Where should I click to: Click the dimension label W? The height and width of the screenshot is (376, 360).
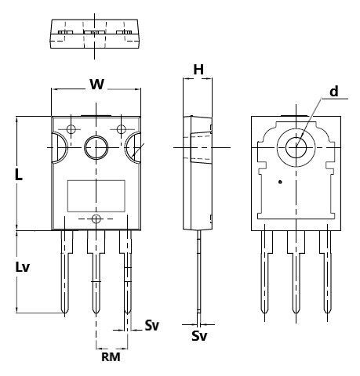click(x=97, y=85)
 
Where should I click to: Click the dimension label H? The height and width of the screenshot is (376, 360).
click(x=198, y=70)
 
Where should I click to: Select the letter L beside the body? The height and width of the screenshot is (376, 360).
click(x=19, y=175)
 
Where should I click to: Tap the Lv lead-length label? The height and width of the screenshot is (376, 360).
click(x=23, y=267)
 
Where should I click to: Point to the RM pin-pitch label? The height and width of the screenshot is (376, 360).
click(x=111, y=357)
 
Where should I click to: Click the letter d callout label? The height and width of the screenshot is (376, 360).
click(x=334, y=92)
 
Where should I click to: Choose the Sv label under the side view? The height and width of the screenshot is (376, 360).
click(x=199, y=336)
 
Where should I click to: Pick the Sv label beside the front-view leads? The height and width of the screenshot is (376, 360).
click(x=152, y=325)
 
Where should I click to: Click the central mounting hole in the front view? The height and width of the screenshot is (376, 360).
click(x=96, y=147)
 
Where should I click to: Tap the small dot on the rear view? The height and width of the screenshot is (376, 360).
click(x=280, y=182)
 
